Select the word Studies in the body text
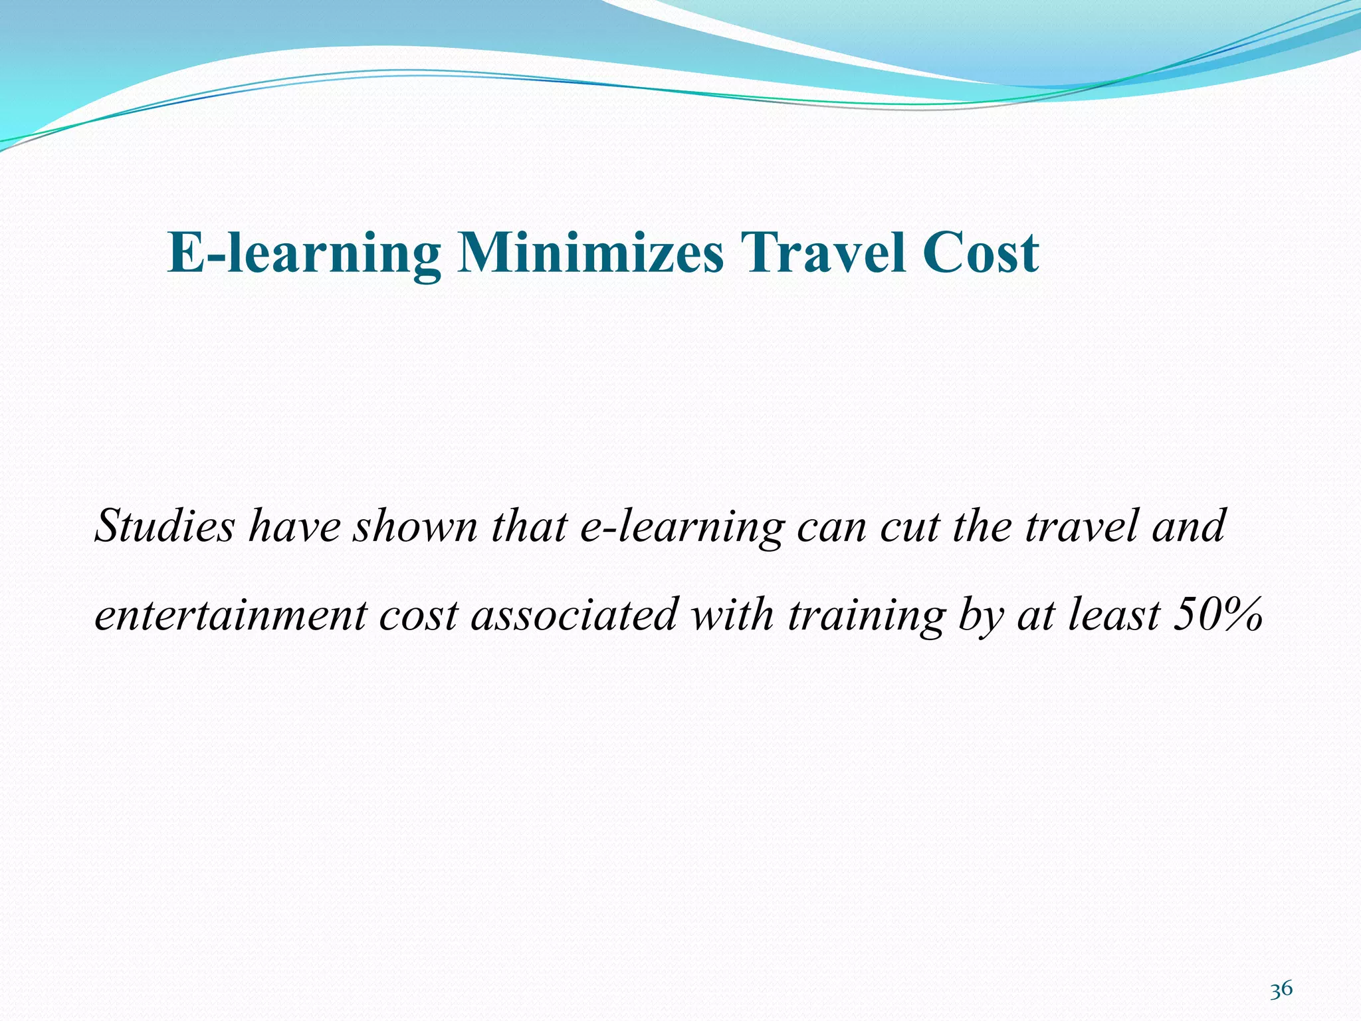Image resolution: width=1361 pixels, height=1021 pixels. (x=165, y=526)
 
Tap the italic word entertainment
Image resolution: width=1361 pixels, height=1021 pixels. (x=230, y=615)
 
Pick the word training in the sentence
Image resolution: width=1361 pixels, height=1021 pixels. (x=865, y=615)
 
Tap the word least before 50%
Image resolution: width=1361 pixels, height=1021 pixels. (x=1114, y=615)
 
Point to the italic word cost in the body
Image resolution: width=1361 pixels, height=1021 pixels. (x=418, y=615)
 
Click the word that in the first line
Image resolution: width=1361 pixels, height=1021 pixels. (x=528, y=526)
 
